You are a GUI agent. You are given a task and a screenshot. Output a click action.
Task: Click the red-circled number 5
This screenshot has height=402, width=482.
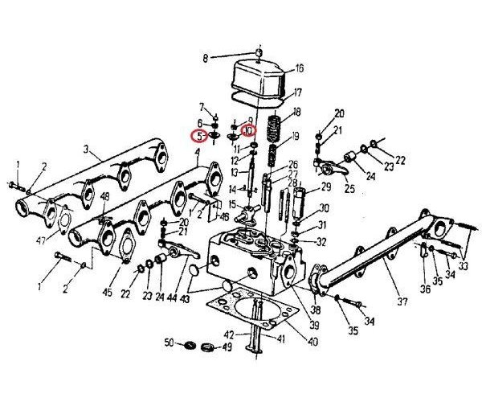[x=197, y=136]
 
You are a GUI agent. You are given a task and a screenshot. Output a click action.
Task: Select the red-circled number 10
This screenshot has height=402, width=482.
[x=249, y=129]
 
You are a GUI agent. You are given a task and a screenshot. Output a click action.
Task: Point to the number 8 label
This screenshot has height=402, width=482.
[x=204, y=58]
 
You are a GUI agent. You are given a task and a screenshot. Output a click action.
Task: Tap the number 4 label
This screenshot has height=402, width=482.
[x=197, y=162]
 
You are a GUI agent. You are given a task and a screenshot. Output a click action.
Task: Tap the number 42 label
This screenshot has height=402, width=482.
[x=230, y=334]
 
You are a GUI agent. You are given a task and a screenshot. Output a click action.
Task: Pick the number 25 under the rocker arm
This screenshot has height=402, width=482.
[x=349, y=189]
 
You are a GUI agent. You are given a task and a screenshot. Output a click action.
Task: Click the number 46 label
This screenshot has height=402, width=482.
[x=224, y=216]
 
